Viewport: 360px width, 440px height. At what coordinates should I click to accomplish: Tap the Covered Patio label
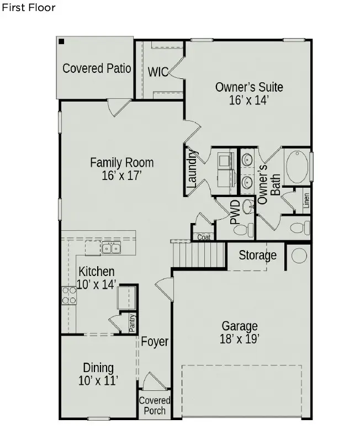(97, 68)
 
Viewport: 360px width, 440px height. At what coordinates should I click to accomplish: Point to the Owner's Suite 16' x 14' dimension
(248, 100)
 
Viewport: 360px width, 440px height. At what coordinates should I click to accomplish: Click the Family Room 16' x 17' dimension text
(122, 176)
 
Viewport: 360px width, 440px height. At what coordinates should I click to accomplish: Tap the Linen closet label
(306, 202)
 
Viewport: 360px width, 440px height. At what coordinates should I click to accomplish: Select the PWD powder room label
(235, 213)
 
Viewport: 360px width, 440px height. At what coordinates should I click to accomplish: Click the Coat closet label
(204, 237)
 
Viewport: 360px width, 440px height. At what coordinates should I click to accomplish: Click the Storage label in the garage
(257, 256)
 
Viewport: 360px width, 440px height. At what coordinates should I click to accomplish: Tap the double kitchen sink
(111, 249)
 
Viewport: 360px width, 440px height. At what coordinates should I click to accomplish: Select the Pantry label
(132, 323)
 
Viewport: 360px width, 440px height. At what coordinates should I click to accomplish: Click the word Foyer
(155, 342)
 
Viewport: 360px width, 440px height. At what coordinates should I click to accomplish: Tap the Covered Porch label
(154, 405)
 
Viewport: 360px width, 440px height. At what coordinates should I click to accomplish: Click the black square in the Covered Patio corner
(61, 41)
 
